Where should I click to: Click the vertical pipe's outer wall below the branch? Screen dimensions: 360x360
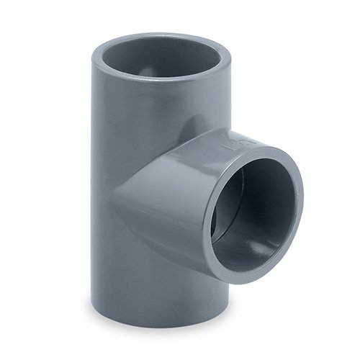tap(144, 288)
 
